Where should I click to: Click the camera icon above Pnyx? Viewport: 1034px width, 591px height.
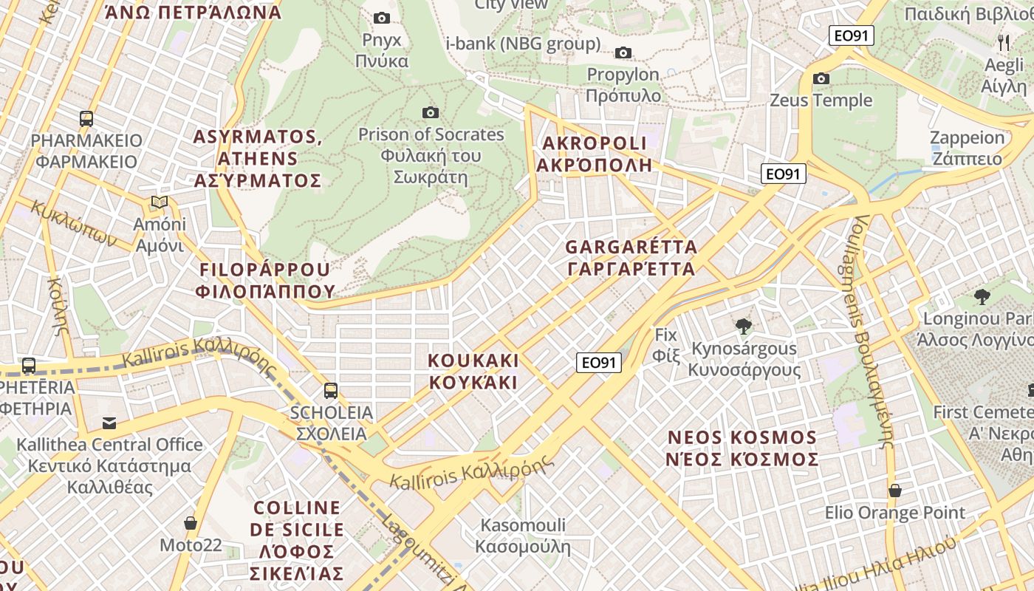pyautogui.click(x=382, y=18)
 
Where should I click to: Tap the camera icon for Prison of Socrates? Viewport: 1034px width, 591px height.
pyautogui.click(x=431, y=112)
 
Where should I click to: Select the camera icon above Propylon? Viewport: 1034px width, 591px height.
pyautogui.click(x=623, y=52)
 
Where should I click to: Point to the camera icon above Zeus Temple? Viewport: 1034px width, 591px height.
pyautogui.click(x=821, y=78)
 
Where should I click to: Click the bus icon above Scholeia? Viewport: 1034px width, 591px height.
pyautogui.click(x=331, y=390)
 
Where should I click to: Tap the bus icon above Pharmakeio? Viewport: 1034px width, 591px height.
pyautogui.click(x=86, y=118)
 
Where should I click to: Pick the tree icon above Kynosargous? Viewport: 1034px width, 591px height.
pyautogui.click(x=743, y=326)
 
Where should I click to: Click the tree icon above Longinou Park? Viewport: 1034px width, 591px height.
pyautogui.click(x=982, y=297)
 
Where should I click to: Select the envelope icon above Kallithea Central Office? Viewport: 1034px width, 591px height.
pyautogui.click(x=109, y=423)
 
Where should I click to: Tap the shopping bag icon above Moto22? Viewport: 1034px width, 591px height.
pyautogui.click(x=191, y=523)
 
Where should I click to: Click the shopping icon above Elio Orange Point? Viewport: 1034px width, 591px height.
pyautogui.click(x=894, y=491)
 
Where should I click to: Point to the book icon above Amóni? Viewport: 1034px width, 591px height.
pyautogui.click(x=159, y=202)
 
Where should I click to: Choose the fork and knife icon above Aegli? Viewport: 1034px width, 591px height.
pyautogui.click(x=1003, y=42)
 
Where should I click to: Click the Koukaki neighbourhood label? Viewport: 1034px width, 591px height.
pyautogui.click(x=473, y=372)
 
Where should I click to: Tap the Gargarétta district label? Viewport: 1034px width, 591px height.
pyautogui.click(x=631, y=257)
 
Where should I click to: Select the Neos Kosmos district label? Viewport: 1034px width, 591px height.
pyautogui.click(x=742, y=448)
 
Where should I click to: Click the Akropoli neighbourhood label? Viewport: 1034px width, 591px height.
pyautogui.click(x=595, y=154)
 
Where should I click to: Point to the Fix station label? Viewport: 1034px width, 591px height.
pyautogui.click(x=665, y=345)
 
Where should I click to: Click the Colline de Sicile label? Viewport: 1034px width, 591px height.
pyautogui.click(x=297, y=540)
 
